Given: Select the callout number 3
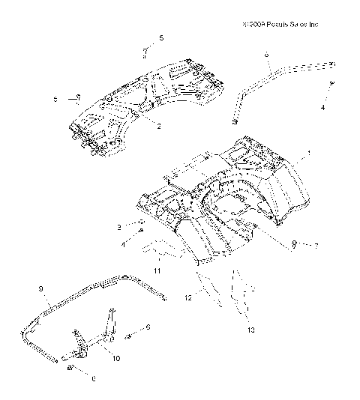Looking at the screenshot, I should click(118, 225).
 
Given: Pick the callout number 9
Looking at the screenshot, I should click(40, 288).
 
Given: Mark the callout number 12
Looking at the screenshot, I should click(188, 298).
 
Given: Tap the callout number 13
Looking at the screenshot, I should click(250, 329).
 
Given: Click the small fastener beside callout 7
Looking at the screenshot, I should click(295, 243).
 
